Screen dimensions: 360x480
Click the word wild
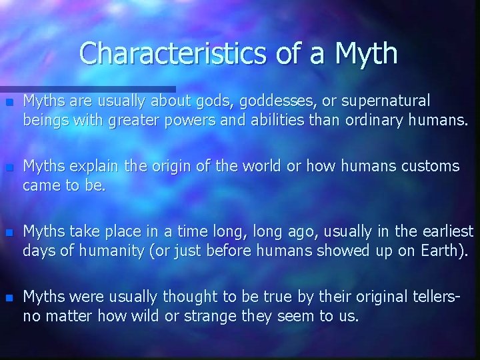pyautogui.click(x=146, y=315)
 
